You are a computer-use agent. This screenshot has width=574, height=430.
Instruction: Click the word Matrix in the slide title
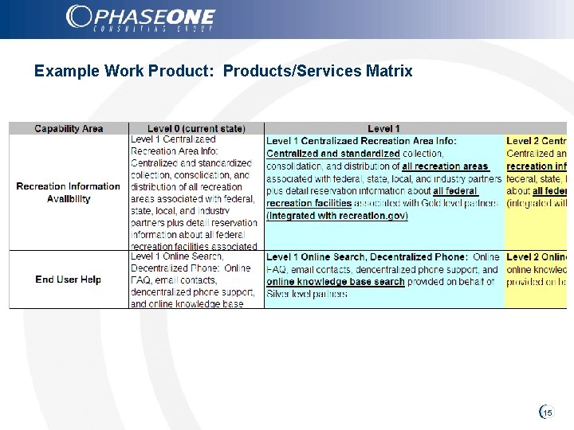pyautogui.click(x=388, y=71)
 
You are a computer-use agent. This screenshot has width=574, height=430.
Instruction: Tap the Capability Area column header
pyautogui.click(x=69, y=128)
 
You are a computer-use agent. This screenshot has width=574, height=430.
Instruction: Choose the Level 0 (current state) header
pyautogui.click(x=196, y=128)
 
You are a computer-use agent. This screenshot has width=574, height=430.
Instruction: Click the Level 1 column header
pyautogui.click(x=383, y=128)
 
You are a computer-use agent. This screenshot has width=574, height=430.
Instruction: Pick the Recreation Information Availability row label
pyautogui.click(x=69, y=193)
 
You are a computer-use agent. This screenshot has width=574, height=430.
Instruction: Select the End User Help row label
pyautogui.click(x=69, y=279)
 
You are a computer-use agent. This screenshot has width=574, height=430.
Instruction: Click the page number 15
pyautogui.click(x=547, y=413)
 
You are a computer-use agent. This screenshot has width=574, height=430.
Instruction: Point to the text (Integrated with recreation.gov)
pyautogui.click(x=337, y=216)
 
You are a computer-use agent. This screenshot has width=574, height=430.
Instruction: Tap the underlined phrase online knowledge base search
pyautogui.click(x=336, y=282)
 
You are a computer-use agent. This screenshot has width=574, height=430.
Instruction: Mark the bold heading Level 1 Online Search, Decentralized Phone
pyautogui.click(x=366, y=257)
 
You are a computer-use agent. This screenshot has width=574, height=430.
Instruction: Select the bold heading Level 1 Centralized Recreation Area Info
pyautogui.click(x=361, y=141)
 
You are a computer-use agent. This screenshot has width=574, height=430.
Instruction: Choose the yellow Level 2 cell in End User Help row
pyautogui.click(x=536, y=279)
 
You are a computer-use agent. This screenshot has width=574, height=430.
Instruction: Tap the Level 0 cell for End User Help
pyautogui.click(x=196, y=279)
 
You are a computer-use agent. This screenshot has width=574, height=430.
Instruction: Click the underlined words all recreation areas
pyautogui.click(x=446, y=166)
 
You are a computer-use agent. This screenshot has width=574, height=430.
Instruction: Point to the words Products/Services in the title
pyautogui.click(x=293, y=71)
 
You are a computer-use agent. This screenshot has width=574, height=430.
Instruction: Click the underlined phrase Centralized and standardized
pyautogui.click(x=333, y=154)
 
